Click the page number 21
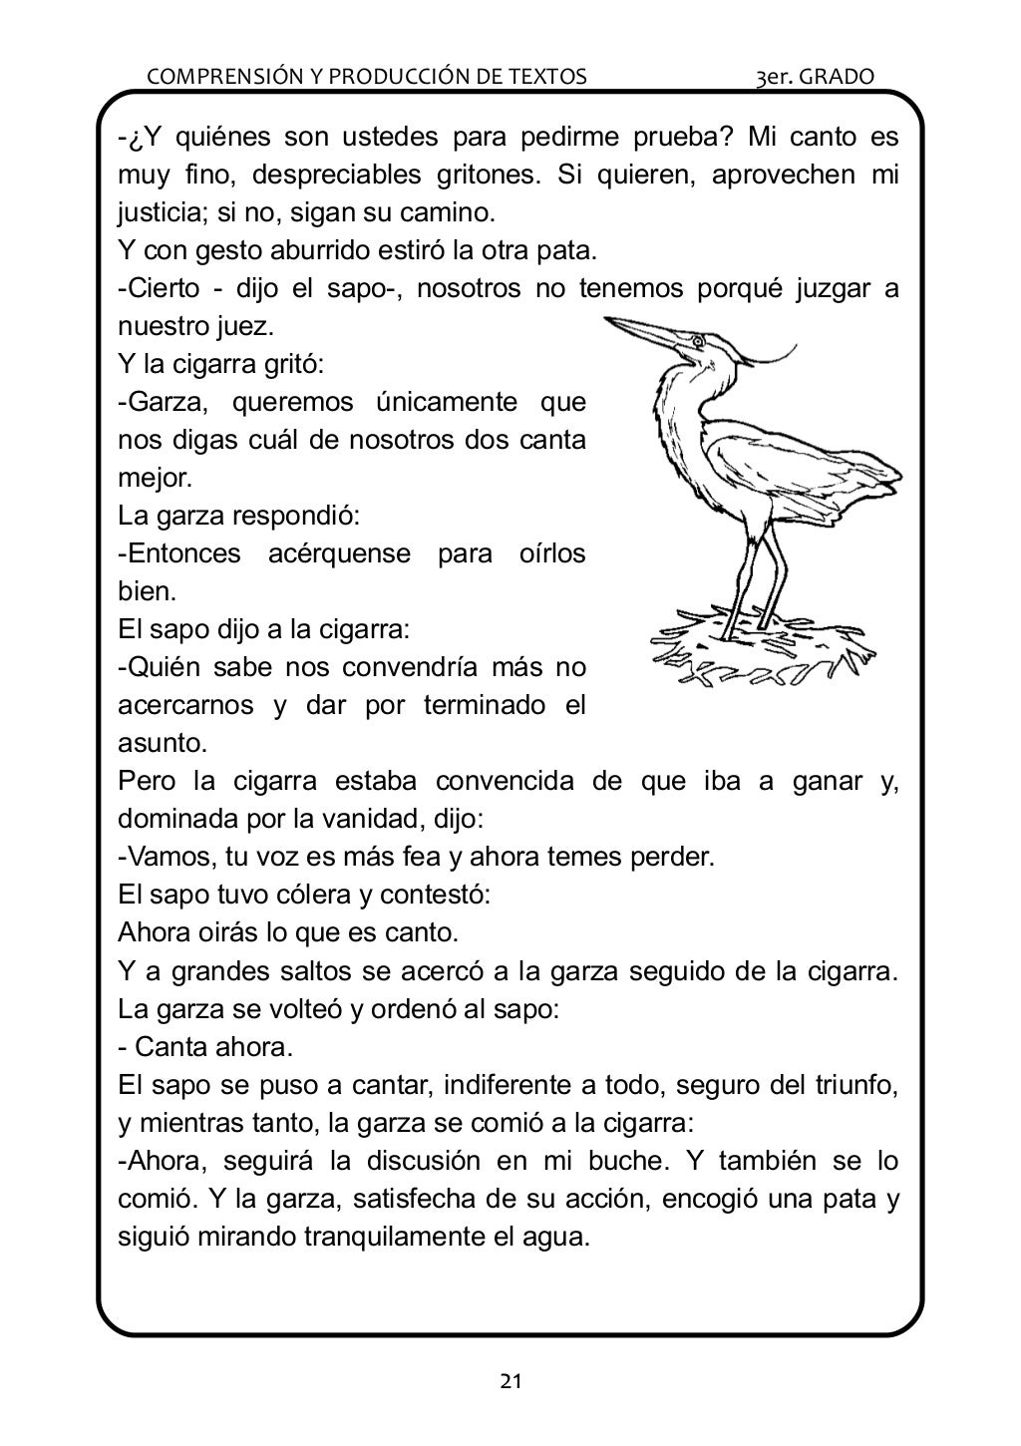[510, 1380]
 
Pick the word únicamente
[451, 403]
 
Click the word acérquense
[339, 553]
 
